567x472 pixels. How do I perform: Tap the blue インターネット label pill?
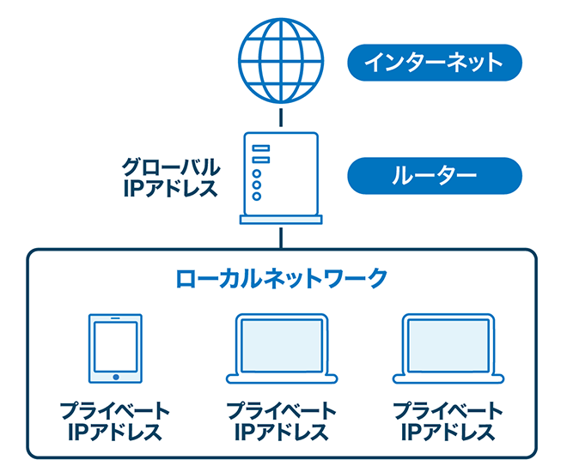click(x=434, y=63)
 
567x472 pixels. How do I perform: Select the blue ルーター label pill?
click(x=434, y=177)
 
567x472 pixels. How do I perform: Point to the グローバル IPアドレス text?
click(x=170, y=176)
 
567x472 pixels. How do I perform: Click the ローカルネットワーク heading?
click(x=281, y=278)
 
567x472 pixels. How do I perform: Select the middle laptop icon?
click(x=281, y=348)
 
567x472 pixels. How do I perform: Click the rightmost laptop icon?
click(x=448, y=348)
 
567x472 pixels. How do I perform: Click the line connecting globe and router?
click(x=281, y=118)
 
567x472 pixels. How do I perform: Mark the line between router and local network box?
click(x=281, y=238)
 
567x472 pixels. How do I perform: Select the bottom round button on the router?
click(x=256, y=196)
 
